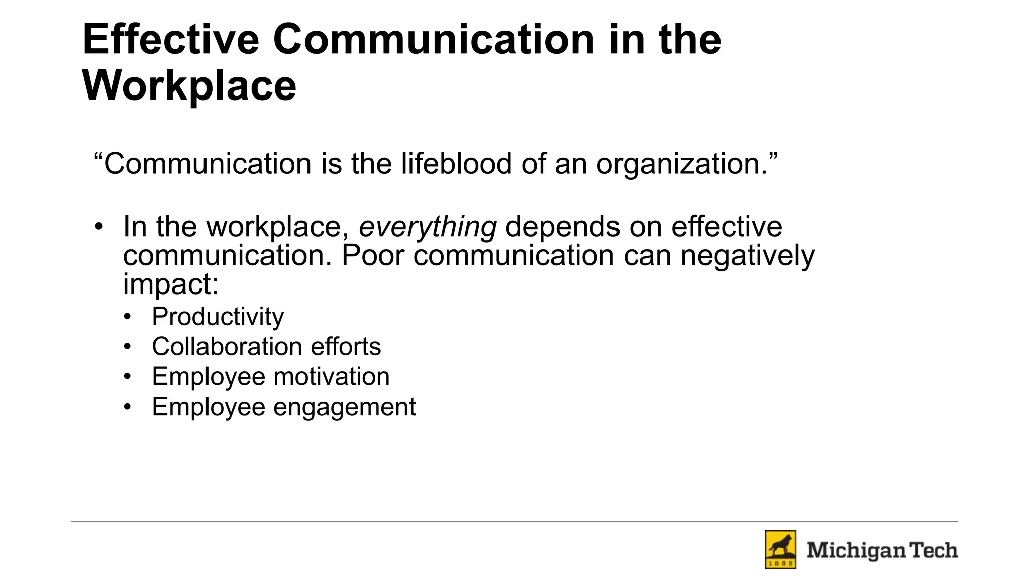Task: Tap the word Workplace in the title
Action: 189,86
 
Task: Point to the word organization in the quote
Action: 682,165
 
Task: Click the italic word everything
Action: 428,227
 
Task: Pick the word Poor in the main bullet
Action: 373,255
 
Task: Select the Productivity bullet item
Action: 218,317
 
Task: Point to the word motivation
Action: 332,377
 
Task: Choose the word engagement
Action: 344,407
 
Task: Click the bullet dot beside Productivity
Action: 128,317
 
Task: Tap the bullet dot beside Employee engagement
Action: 128,407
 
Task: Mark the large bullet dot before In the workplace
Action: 99,226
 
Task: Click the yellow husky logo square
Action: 780,549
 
